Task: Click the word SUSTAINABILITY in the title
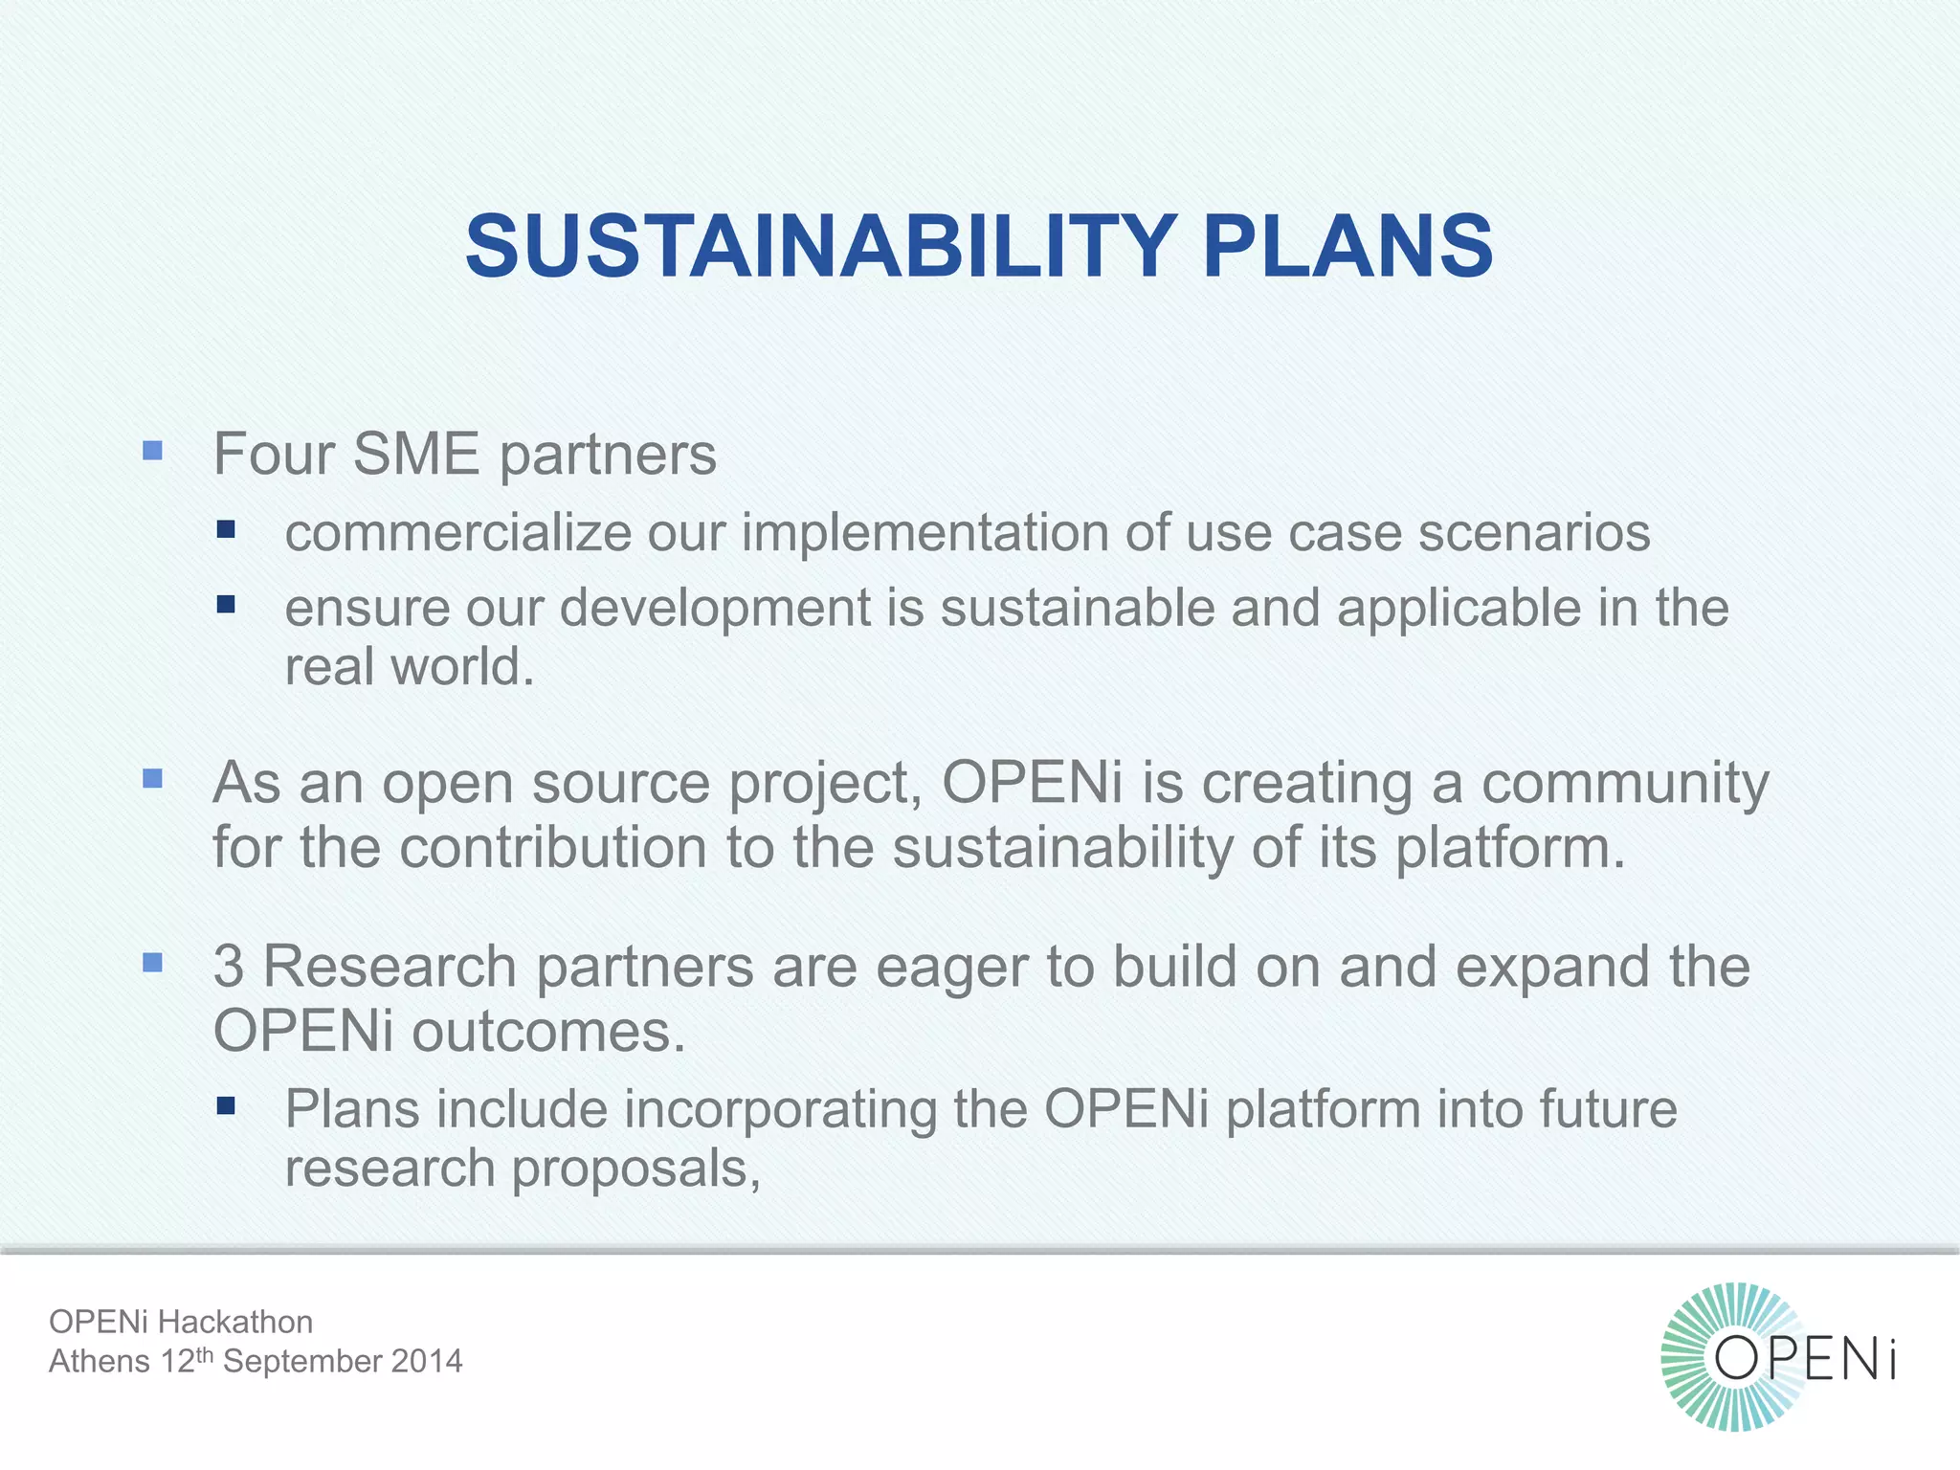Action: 820,246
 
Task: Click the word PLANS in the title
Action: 1347,246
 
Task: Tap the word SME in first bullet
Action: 415,454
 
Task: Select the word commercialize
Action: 458,532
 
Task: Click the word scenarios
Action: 1534,532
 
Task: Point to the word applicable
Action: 1459,609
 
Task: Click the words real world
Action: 409,667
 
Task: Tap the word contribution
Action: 552,848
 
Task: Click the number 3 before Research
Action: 228,967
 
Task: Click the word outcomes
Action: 548,1032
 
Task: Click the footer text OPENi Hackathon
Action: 181,1322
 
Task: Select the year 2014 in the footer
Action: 427,1361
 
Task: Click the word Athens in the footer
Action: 100,1361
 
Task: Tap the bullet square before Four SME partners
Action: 152,451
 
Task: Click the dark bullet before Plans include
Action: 226,1106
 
